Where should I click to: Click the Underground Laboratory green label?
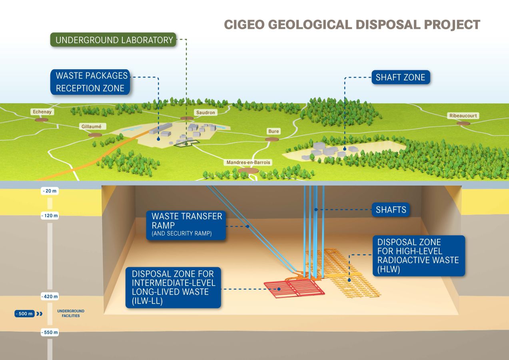(x=114, y=40)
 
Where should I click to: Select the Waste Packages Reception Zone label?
(x=91, y=82)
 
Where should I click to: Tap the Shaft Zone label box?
(x=400, y=77)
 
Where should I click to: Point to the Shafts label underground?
(x=391, y=210)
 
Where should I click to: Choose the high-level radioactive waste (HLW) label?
(x=418, y=256)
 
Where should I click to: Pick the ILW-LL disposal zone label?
(x=173, y=288)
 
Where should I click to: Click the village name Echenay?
(x=42, y=112)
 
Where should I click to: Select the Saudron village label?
(x=206, y=112)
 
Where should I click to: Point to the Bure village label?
(x=273, y=131)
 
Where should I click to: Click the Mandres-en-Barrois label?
(x=248, y=162)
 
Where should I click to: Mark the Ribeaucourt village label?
(x=463, y=116)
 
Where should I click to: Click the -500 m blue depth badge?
(x=25, y=314)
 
